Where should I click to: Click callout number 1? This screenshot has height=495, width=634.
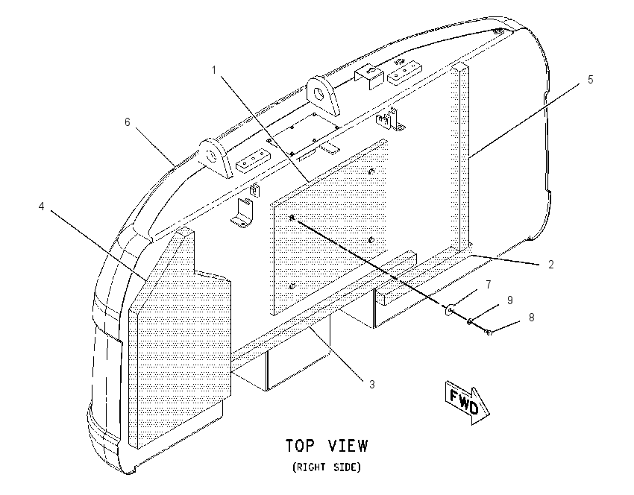(x=214, y=70)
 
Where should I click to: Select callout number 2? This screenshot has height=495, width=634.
(x=550, y=264)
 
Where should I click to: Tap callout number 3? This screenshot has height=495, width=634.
(x=372, y=384)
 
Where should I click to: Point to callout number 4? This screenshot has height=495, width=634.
(x=41, y=206)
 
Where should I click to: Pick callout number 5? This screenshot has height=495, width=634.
(x=590, y=80)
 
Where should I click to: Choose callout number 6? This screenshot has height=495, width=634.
(x=128, y=122)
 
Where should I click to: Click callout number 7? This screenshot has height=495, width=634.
(x=489, y=285)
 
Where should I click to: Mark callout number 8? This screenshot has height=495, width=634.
(x=531, y=318)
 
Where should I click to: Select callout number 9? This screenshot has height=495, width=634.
(x=510, y=300)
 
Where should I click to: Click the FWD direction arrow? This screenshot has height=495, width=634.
(x=468, y=402)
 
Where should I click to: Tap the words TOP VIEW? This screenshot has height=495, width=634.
(x=327, y=446)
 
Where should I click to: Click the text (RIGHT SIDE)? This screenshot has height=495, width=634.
(x=327, y=467)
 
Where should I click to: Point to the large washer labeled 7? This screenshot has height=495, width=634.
(x=449, y=310)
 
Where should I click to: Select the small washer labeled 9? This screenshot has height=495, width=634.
(x=470, y=322)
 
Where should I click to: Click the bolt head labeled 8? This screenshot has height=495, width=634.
(x=489, y=332)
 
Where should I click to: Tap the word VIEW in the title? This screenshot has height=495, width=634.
(x=348, y=446)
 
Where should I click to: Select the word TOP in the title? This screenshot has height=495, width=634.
(x=300, y=446)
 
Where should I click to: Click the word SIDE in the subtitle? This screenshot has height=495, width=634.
(x=346, y=467)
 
